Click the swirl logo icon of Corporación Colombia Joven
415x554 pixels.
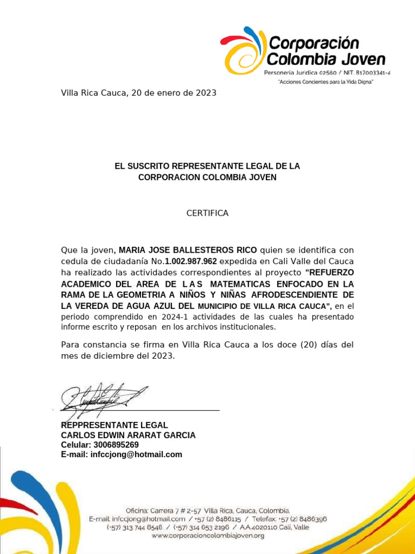coord(243,51)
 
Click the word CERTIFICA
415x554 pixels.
coord(207,213)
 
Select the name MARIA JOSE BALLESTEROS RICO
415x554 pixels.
coord(188,250)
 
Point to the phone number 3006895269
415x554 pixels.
coord(116,445)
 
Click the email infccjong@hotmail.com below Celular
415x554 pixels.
coord(136,454)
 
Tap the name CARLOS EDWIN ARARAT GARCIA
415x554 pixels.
coord(128,435)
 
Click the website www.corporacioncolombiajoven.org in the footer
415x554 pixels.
coord(207,536)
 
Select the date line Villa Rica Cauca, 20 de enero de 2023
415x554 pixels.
coord(138,93)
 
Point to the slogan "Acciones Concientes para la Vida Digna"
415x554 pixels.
coord(325,82)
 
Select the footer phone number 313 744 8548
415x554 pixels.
coord(142,527)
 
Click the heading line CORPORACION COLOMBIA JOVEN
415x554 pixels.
coord(207,177)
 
